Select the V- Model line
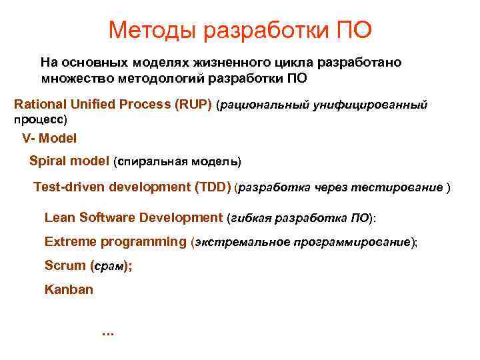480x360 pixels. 49,139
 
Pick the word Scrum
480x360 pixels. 64,265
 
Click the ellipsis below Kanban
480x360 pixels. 107,333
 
